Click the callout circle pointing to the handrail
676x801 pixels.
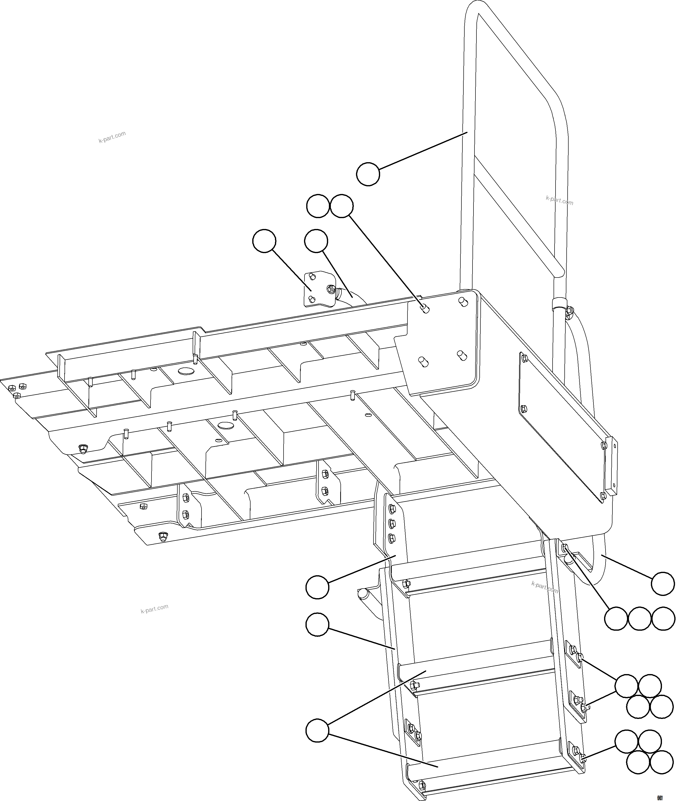[x=368, y=174]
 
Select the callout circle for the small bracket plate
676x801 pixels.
[x=264, y=241]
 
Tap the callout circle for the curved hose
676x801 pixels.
[x=316, y=241]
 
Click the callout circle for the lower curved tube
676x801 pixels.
[x=663, y=584]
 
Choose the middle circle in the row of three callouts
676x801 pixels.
[x=639, y=618]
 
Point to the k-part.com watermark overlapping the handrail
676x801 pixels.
[x=559, y=200]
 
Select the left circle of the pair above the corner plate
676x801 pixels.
[x=318, y=206]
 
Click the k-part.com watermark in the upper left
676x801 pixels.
[x=112, y=137]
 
